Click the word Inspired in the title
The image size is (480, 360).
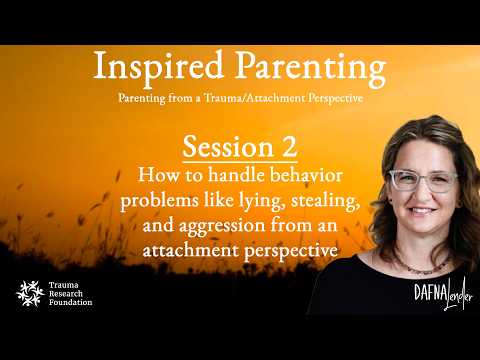(x=158, y=66)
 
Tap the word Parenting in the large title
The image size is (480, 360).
(x=311, y=68)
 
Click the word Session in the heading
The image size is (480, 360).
(x=228, y=147)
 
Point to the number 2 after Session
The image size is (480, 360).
(x=289, y=147)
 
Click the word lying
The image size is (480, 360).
(x=262, y=201)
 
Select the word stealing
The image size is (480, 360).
(x=325, y=201)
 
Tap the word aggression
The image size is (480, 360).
(x=222, y=226)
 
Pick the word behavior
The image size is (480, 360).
(x=306, y=174)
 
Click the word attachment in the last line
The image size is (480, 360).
(x=190, y=250)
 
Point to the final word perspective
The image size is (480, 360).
(x=291, y=251)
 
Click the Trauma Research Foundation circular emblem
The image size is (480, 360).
(x=30, y=293)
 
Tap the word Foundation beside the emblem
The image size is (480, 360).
(x=71, y=302)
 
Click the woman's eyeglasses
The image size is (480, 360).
(x=423, y=180)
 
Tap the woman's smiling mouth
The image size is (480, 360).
(x=421, y=211)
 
